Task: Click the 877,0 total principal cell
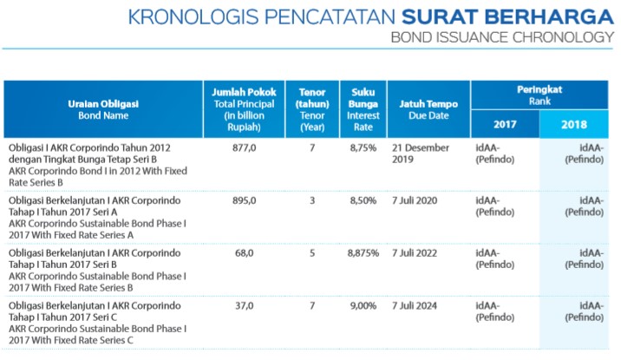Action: click(244, 148)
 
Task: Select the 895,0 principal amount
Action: click(244, 200)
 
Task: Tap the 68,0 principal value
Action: click(244, 253)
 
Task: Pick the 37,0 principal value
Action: click(244, 306)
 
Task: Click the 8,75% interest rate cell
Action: click(363, 148)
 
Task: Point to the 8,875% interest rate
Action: click(363, 253)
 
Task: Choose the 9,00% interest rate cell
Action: click(363, 306)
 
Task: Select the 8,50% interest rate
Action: click(363, 200)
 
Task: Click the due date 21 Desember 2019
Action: click(421, 154)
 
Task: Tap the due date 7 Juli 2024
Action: click(415, 306)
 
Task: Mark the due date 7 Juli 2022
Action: click(415, 253)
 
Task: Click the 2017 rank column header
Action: click(505, 124)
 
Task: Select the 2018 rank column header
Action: click(574, 124)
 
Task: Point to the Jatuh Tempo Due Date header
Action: click(428, 109)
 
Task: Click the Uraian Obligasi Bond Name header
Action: click(103, 109)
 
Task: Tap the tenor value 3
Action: click(312, 200)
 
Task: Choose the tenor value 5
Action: click(312, 253)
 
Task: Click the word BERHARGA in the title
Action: click(549, 17)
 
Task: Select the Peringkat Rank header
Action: click(539, 95)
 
